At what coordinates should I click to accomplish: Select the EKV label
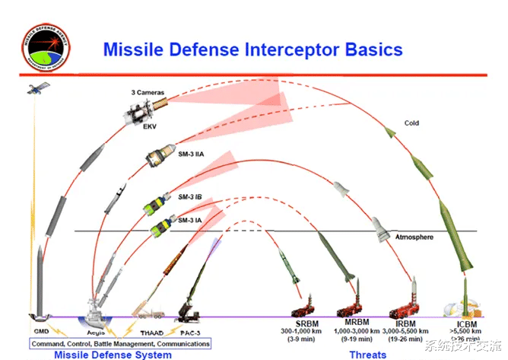pos(150,128)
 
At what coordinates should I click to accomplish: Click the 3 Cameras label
pos(148,91)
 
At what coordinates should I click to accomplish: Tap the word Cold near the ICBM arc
pos(411,123)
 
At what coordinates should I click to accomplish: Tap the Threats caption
pos(368,354)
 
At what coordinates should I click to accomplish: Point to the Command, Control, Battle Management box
pos(120,344)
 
